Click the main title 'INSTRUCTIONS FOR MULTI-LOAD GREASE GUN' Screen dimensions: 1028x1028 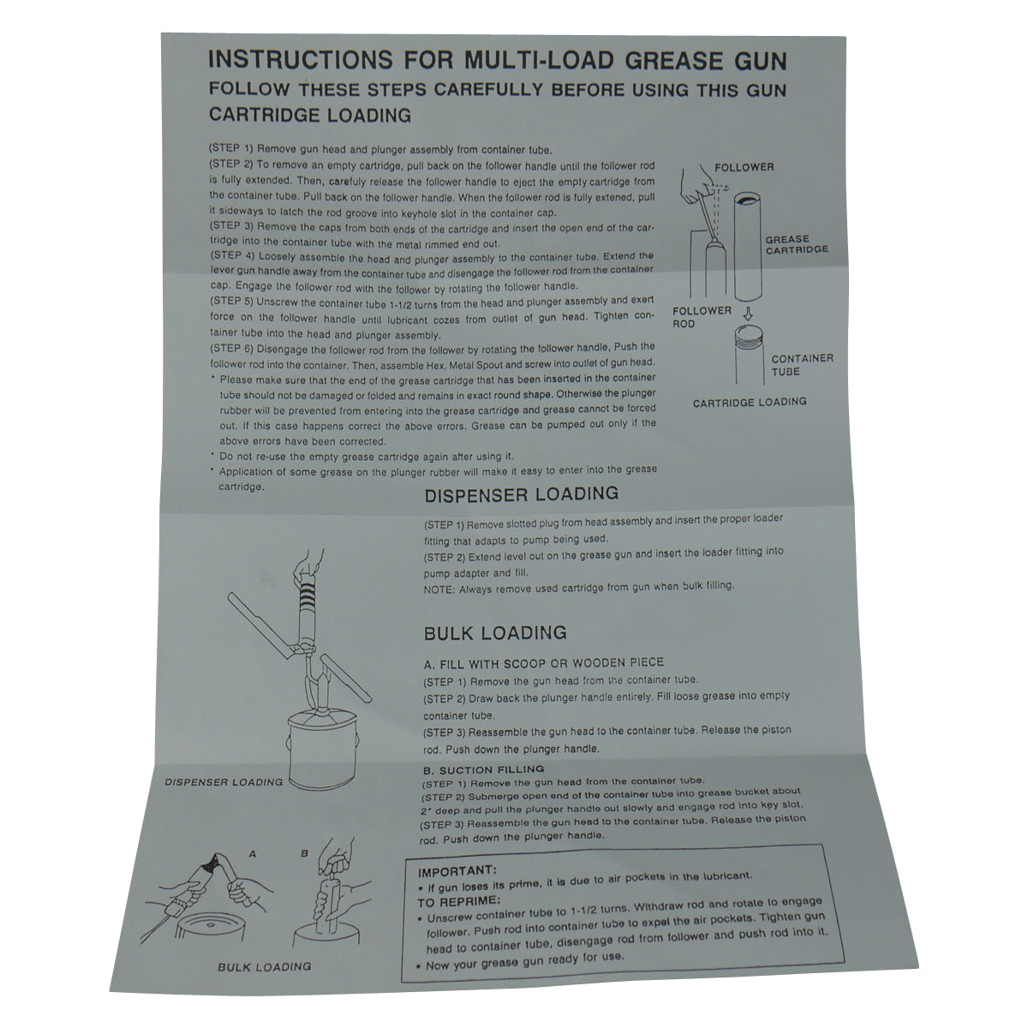coord(497,60)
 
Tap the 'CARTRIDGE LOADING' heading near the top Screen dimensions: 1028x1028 coord(310,115)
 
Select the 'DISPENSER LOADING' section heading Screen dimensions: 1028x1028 coord(521,494)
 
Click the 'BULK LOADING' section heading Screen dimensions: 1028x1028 coord(495,633)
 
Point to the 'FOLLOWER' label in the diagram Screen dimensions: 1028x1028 coord(744,167)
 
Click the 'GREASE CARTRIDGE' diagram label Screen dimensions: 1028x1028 coord(796,244)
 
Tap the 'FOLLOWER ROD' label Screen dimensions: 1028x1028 coord(702,317)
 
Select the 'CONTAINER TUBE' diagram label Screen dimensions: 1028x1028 coord(802,365)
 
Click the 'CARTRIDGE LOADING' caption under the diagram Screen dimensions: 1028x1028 coord(749,402)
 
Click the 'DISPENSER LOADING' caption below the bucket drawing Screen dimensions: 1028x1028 coord(224,781)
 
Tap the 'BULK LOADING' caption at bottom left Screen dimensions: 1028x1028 coord(264,966)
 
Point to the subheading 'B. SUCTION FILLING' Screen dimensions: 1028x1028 coord(483,769)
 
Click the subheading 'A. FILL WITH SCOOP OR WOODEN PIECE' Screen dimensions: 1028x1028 coord(544,662)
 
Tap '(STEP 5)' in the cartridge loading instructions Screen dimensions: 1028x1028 coord(230,302)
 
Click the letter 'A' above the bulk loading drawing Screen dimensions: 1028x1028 coord(252,854)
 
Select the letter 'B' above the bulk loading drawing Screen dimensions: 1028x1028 coord(304,854)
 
